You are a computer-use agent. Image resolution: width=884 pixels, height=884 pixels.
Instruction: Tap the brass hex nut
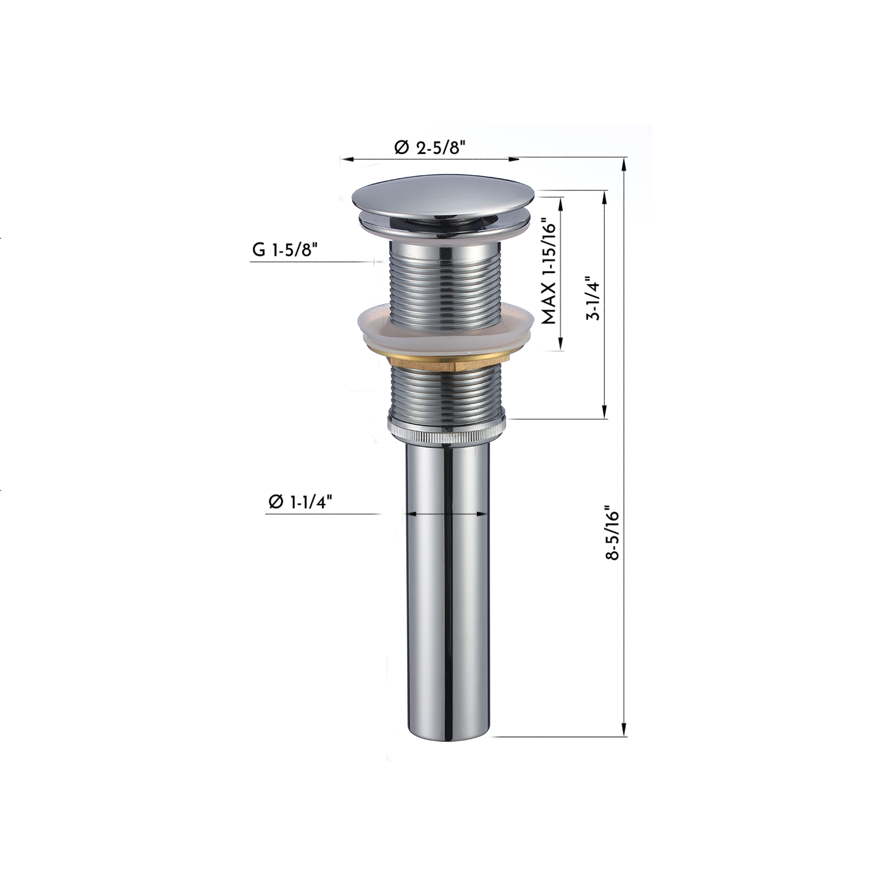point(446,361)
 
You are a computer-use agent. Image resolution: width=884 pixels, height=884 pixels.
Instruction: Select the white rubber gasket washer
point(446,331)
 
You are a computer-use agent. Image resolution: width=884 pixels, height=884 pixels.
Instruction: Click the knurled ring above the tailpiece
point(446,429)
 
